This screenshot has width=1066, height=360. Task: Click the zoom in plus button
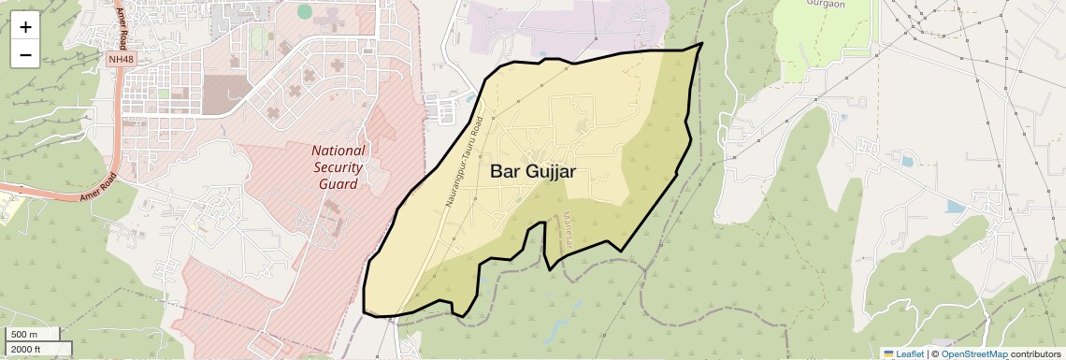(x=25, y=27)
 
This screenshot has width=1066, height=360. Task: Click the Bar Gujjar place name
(x=532, y=172)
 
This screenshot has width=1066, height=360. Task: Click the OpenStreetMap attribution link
(x=973, y=353)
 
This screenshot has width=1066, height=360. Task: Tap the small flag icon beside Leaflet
(x=888, y=353)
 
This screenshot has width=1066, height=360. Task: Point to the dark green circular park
(x=305, y=11)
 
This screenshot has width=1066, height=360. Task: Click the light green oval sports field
(x=257, y=39)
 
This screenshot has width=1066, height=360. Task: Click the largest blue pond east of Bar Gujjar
(x=955, y=207)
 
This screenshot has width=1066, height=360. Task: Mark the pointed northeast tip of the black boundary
(x=701, y=43)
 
